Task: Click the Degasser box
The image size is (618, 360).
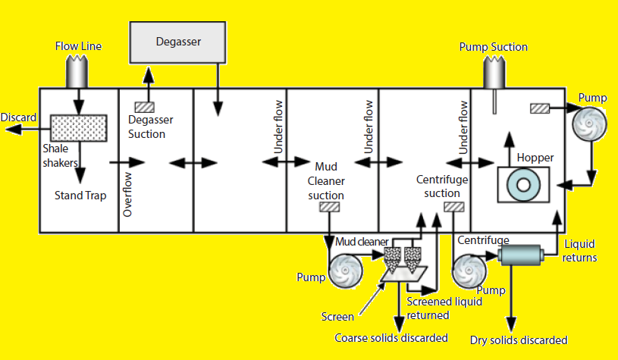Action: tap(179, 42)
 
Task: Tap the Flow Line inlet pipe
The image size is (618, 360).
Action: tap(78, 72)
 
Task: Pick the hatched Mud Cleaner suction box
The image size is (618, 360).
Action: tap(329, 207)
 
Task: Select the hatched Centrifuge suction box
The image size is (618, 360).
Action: tap(453, 206)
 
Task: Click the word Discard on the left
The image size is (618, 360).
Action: tap(17, 117)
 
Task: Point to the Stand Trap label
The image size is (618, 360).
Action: tap(80, 196)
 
